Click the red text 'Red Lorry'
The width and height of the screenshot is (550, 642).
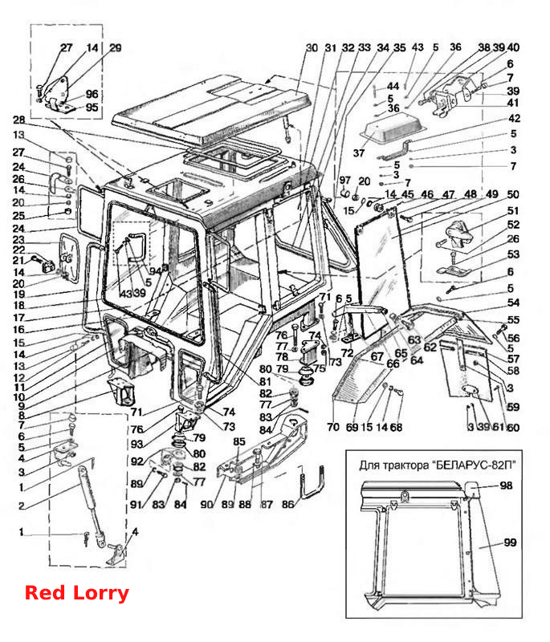point(77,593)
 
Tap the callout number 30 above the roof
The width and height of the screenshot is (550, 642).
point(312,48)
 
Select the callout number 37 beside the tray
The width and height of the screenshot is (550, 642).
point(358,153)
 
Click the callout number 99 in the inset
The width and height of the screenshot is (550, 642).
point(510,542)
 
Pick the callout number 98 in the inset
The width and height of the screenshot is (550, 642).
point(506,486)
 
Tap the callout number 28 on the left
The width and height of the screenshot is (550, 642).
point(18,120)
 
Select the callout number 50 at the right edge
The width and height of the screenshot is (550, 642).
point(513,194)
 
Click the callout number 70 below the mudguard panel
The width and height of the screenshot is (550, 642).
point(333,427)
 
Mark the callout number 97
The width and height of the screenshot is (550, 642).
point(345,180)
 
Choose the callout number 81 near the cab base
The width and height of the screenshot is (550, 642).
point(265,382)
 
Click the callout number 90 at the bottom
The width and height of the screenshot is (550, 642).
point(207,505)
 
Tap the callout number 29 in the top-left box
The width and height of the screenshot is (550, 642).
point(116,48)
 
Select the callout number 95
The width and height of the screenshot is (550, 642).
point(92,108)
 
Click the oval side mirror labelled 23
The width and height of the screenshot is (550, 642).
point(69,258)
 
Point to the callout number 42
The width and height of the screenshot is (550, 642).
point(514,118)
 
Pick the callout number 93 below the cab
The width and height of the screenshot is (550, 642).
point(136,444)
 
